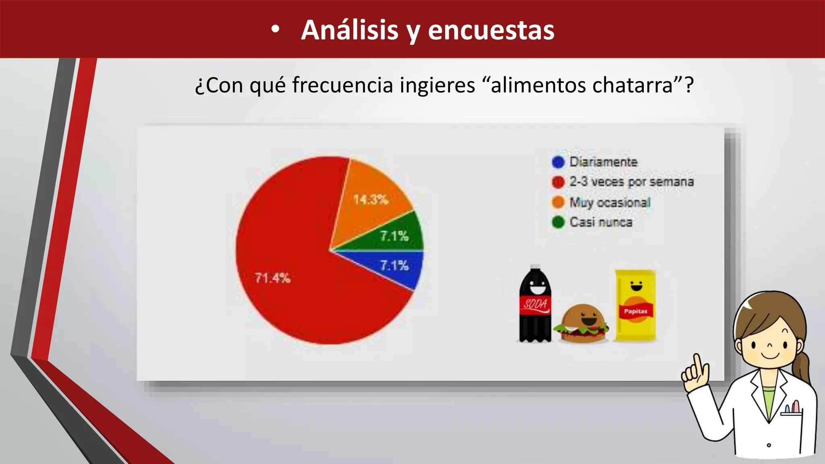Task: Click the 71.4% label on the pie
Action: tap(273, 278)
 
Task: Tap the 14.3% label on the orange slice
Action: tap(371, 199)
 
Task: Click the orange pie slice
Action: tap(373, 193)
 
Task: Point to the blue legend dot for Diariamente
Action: tap(558, 162)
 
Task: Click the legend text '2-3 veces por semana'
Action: tap(631, 182)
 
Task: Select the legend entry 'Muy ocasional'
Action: tap(610, 202)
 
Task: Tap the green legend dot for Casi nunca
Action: tap(558, 222)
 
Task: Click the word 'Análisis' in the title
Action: tap(350, 30)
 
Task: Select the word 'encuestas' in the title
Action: tap(491, 30)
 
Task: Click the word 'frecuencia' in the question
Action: tap(342, 85)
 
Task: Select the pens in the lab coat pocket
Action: tap(792, 407)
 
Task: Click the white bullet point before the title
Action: tap(275, 30)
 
